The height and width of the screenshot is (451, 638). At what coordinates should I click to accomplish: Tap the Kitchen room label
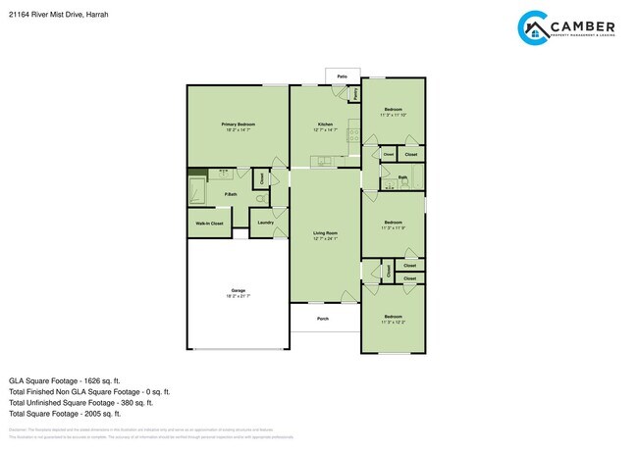pyautogui.click(x=325, y=124)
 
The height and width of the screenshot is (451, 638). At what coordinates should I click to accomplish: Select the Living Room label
pyautogui.click(x=325, y=232)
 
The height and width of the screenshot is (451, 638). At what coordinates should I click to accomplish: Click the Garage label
pyautogui.click(x=238, y=290)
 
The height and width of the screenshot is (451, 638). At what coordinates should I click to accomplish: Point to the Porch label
pyautogui.click(x=323, y=319)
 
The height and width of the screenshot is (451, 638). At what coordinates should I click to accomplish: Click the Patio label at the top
pyautogui.click(x=343, y=75)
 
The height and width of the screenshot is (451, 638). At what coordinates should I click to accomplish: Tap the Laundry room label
pyautogui.click(x=265, y=223)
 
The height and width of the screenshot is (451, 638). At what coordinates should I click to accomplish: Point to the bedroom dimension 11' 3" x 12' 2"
pyautogui.click(x=393, y=323)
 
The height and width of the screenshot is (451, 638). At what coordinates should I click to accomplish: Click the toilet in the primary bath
pyautogui.click(x=261, y=198)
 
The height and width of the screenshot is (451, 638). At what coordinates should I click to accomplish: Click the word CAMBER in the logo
pyautogui.click(x=584, y=25)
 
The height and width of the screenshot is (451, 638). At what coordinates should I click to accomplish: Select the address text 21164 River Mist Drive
pyautogui.click(x=44, y=14)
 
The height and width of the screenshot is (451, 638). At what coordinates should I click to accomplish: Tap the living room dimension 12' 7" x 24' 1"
pyautogui.click(x=325, y=239)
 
